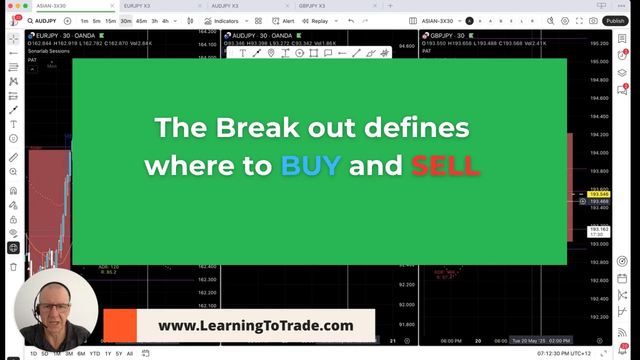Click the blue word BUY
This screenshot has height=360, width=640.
[311, 165]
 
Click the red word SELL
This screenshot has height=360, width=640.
[445, 165]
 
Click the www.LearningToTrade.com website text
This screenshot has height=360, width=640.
[255, 325]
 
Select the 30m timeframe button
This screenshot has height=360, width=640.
[125, 21]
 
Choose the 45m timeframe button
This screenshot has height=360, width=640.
[141, 21]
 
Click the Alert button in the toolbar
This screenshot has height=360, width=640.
[283, 21]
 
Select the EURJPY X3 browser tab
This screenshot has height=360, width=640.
[137, 6]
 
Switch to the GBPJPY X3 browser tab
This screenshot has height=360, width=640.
[312, 6]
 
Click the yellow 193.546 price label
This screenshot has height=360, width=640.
[598, 194]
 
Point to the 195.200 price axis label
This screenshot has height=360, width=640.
[599, 43]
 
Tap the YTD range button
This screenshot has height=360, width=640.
[94, 353]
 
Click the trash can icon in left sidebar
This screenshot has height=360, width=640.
[13, 267]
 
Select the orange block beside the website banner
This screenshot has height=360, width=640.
[120, 325]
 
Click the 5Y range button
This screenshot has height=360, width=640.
[119, 353]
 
